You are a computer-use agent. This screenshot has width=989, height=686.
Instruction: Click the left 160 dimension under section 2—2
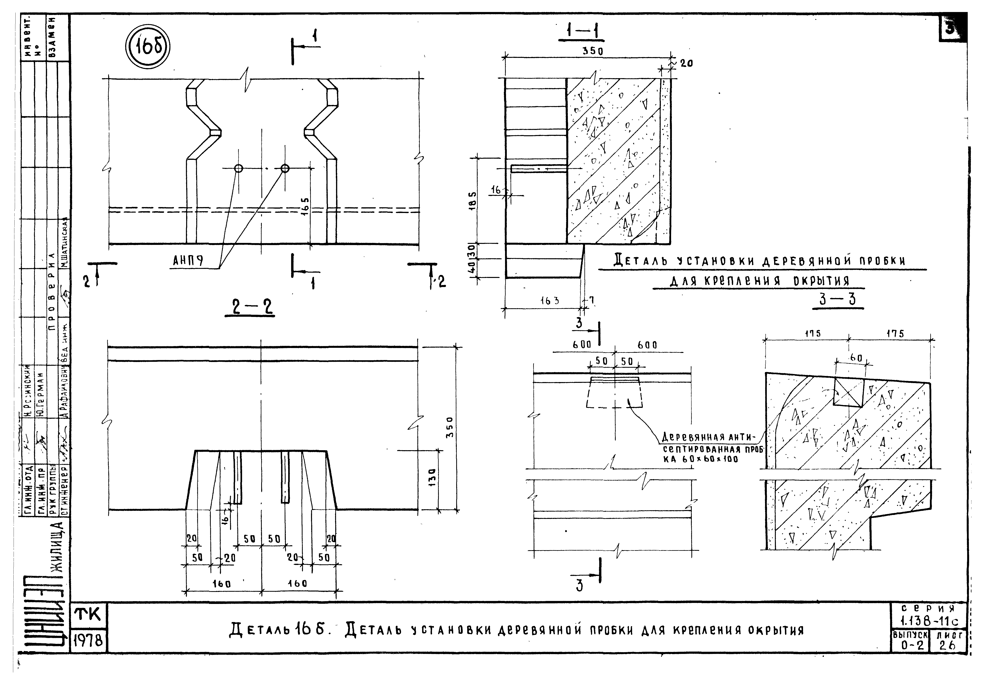(222, 584)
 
